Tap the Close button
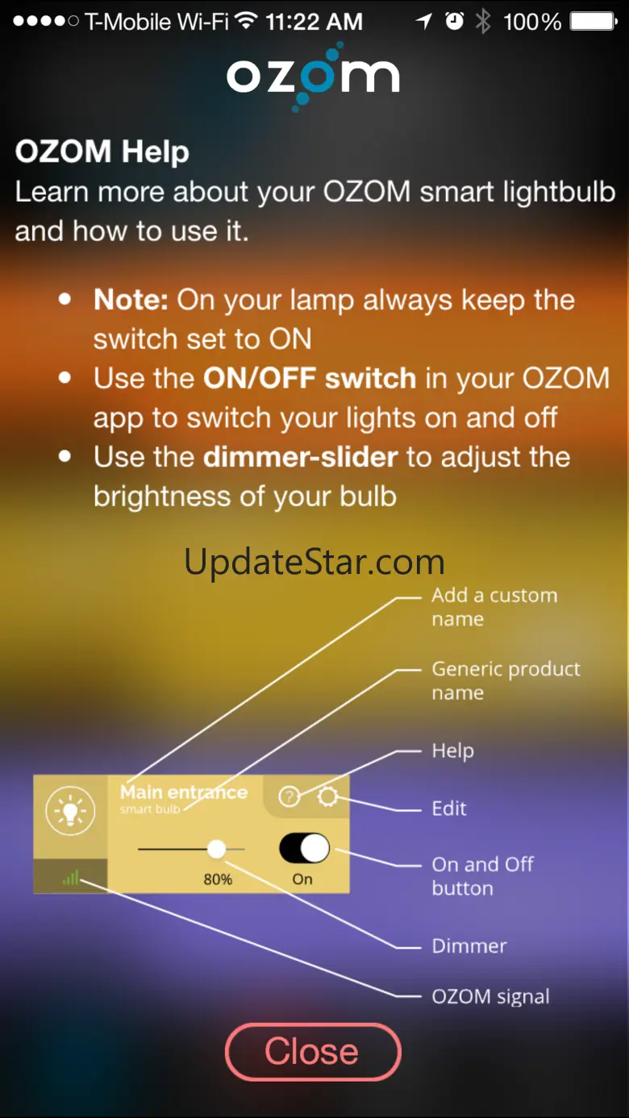[x=313, y=1052]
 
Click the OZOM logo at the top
[x=313, y=77]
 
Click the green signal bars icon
[x=71, y=877]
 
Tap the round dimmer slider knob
[x=216, y=849]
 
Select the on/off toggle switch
[x=304, y=847]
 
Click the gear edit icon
[x=327, y=796]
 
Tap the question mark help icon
[x=289, y=796]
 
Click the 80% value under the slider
[x=218, y=879]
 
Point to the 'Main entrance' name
[x=184, y=792]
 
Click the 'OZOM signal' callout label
[x=490, y=997]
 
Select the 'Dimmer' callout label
[x=469, y=946]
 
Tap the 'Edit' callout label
[x=449, y=808]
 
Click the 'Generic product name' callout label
[x=506, y=680]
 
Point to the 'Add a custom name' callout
[x=494, y=607]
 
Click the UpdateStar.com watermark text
[x=314, y=563]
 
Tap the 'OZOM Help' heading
[x=102, y=152]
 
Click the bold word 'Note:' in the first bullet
[x=131, y=300]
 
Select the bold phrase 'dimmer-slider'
[x=301, y=457]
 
